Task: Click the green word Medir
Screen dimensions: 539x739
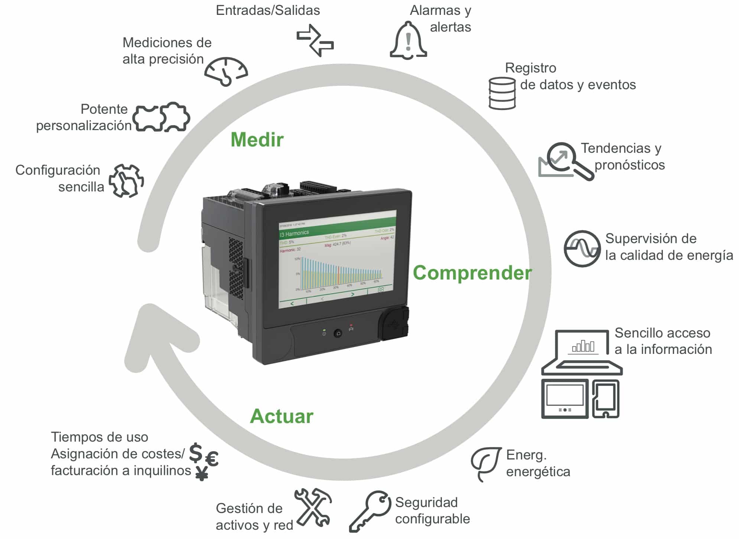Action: [x=257, y=140]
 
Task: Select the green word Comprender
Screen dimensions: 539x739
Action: [x=472, y=272]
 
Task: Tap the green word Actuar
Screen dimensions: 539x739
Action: [x=281, y=416]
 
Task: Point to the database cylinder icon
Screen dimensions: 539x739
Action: [x=502, y=93]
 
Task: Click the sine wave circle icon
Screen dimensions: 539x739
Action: [x=582, y=248]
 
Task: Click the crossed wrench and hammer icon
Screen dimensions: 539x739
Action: [x=313, y=507]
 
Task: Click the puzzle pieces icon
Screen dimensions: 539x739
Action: [x=162, y=117]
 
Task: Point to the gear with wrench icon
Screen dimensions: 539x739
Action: [x=126, y=180]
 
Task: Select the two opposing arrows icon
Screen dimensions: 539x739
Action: [x=315, y=40]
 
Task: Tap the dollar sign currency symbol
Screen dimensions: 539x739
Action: [x=196, y=452]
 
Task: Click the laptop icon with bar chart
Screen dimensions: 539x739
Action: [x=582, y=352]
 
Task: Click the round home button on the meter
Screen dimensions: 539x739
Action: [x=338, y=333]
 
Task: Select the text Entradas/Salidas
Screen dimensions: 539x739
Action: [x=268, y=10]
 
